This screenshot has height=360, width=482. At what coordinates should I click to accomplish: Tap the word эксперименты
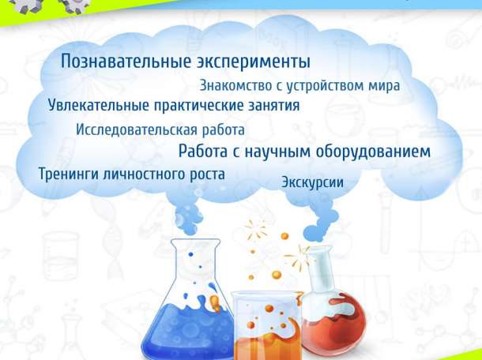(253, 62)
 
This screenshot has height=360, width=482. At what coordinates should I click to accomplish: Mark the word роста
(204, 174)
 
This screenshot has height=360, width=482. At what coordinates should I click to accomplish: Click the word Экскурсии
(312, 183)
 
